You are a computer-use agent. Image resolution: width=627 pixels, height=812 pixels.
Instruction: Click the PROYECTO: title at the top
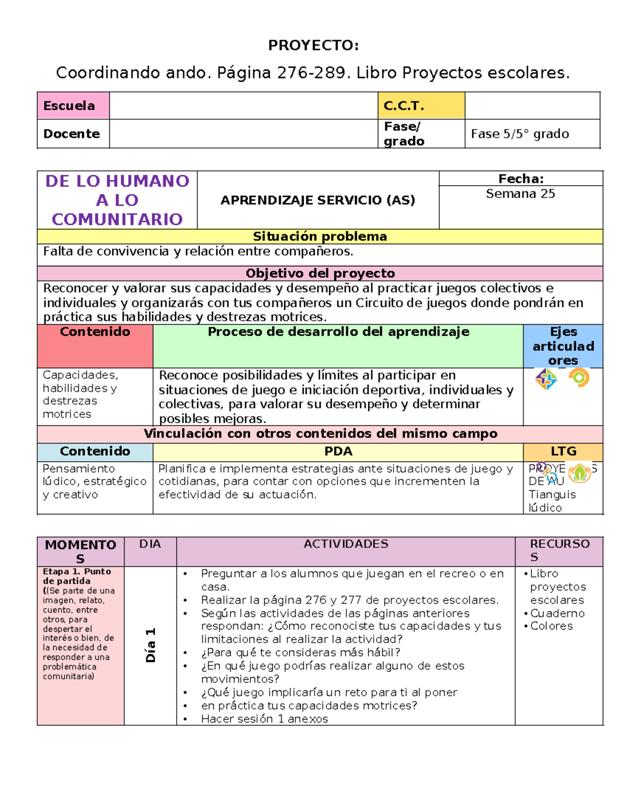pyautogui.click(x=313, y=45)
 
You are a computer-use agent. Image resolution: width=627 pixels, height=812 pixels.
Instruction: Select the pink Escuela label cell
pyautogui.click(x=73, y=106)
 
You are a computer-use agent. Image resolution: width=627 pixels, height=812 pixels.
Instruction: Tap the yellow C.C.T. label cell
pyautogui.click(x=421, y=106)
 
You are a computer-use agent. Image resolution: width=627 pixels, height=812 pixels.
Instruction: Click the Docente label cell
pyautogui.click(x=73, y=134)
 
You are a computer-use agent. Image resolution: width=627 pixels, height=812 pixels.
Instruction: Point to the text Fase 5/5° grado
pyautogui.click(x=519, y=134)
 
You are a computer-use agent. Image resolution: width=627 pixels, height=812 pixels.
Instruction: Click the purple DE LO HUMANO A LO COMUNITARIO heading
pyautogui.click(x=117, y=200)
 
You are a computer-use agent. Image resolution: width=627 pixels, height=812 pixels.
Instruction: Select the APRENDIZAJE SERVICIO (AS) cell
pyautogui.click(x=318, y=200)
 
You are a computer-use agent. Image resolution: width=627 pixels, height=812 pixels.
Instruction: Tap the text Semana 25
pyautogui.click(x=520, y=194)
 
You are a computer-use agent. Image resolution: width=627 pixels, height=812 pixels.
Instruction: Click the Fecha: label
pyautogui.click(x=520, y=179)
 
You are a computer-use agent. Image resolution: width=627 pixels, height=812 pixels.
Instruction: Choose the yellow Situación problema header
pyautogui.click(x=320, y=236)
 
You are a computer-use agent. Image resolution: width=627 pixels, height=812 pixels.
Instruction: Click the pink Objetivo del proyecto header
pyautogui.click(x=320, y=273)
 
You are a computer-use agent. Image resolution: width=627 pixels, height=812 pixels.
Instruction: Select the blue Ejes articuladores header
pyautogui.click(x=563, y=346)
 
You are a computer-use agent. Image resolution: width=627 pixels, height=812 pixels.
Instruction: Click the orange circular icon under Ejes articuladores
pyautogui.click(x=579, y=378)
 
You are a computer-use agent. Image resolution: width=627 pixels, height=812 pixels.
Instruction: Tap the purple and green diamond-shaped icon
pyautogui.click(x=546, y=379)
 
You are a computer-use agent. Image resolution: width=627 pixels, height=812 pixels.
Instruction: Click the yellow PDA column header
pyautogui.click(x=338, y=451)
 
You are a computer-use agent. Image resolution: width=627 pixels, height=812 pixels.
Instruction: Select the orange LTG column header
pyautogui.click(x=563, y=451)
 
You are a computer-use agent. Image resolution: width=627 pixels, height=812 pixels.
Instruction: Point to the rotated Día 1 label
pyautogui.click(x=150, y=645)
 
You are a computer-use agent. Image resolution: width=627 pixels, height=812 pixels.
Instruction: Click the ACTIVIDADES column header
pyautogui.click(x=346, y=544)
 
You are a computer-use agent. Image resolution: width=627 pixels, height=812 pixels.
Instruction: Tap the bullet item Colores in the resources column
pyautogui.click(x=551, y=626)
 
